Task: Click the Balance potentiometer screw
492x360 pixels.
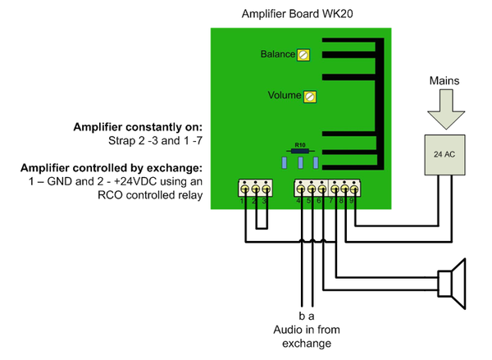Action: click(304, 55)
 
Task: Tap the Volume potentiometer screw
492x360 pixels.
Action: click(310, 96)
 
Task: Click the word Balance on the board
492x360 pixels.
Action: click(278, 54)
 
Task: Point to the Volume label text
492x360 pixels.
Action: click(285, 96)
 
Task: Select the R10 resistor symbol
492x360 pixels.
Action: click(300, 151)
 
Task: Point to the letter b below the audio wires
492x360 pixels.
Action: click(301, 316)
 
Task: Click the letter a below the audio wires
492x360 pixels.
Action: click(312, 316)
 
